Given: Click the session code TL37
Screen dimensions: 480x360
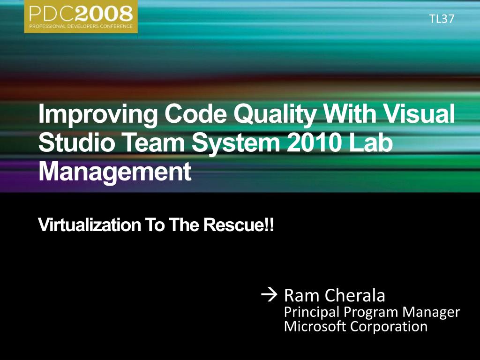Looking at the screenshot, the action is [x=442, y=19].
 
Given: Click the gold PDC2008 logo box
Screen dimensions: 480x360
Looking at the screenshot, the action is [x=81, y=16].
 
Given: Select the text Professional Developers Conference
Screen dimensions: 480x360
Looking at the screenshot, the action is [x=81, y=26].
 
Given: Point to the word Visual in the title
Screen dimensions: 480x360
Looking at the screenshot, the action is [x=420, y=113].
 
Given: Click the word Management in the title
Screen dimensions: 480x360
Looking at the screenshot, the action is [x=115, y=172].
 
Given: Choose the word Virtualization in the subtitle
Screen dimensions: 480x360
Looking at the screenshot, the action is [x=90, y=225].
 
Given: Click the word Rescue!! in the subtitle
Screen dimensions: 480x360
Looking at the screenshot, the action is [x=239, y=225].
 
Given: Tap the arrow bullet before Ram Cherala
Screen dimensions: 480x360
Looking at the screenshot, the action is [x=269, y=295].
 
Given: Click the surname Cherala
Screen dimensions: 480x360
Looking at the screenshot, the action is [x=355, y=295].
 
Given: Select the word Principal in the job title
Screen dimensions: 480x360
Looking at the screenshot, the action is [x=312, y=312].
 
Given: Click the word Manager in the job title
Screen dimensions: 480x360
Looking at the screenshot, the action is [x=431, y=312].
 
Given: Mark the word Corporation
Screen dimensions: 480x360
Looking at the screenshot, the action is [x=389, y=327].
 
